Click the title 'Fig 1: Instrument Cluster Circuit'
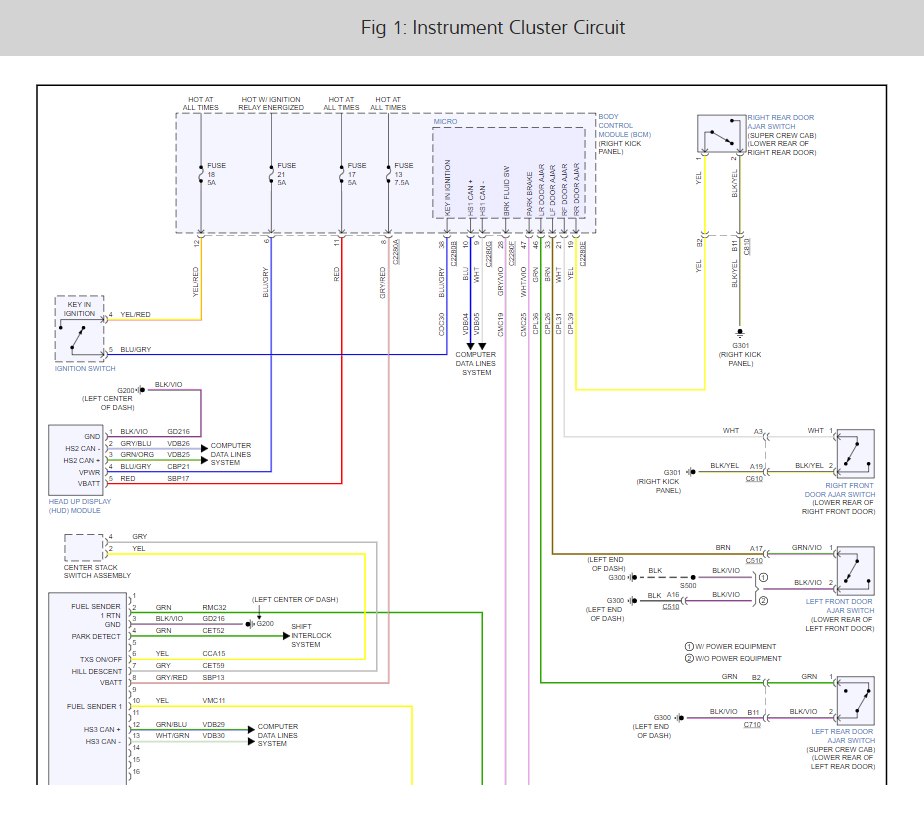(x=493, y=27)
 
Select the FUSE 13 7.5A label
(x=403, y=174)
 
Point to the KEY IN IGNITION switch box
(x=80, y=328)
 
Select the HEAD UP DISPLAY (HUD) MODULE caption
(x=80, y=506)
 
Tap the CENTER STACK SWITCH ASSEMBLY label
(x=97, y=571)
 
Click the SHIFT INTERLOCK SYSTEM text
(x=311, y=635)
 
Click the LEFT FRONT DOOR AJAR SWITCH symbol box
(x=855, y=571)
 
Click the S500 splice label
(x=689, y=586)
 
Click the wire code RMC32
(x=215, y=607)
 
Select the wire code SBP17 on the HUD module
(x=179, y=478)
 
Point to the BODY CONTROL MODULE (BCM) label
(x=624, y=134)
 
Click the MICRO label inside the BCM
(x=445, y=122)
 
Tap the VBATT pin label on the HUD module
(x=89, y=483)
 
